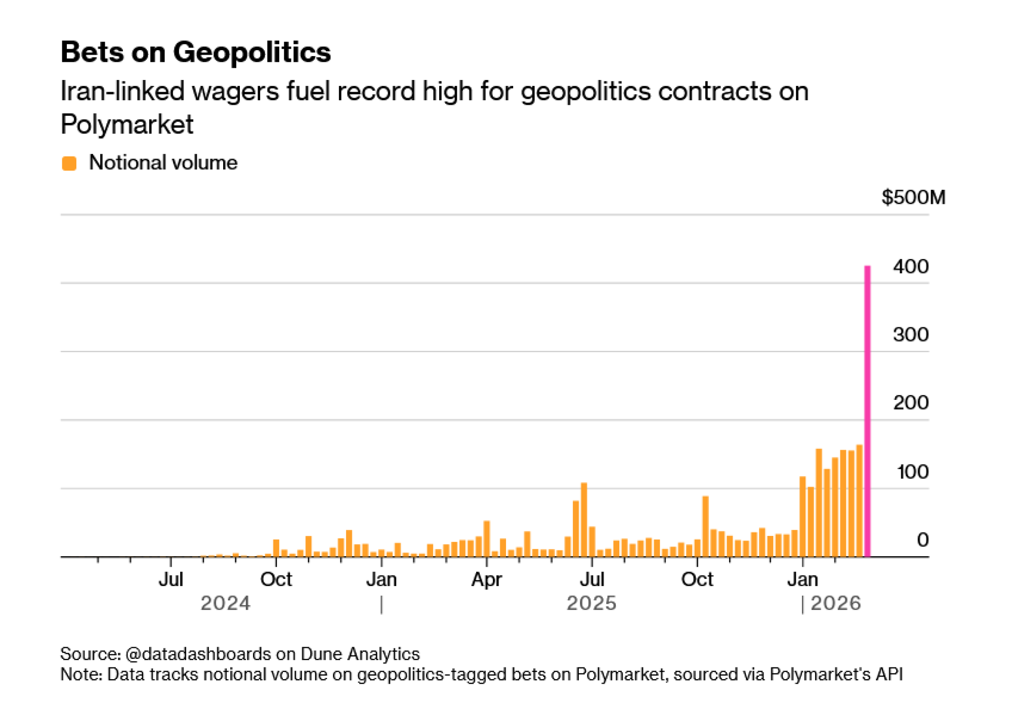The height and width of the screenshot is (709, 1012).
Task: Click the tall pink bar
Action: point(867,410)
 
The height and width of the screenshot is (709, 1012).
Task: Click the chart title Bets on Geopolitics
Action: point(195,52)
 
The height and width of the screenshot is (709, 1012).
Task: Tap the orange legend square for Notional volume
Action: point(69,163)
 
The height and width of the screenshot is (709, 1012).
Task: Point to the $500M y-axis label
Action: point(913,197)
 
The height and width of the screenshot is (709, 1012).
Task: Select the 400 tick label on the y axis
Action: point(910,267)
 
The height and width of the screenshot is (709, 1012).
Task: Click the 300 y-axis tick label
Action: point(910,335)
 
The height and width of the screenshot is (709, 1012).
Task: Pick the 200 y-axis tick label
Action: point(910,403)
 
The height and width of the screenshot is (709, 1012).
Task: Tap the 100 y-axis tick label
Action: point(912,472)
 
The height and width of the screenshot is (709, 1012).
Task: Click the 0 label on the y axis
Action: point(922,540)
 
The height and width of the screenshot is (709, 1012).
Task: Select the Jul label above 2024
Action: point(171,579)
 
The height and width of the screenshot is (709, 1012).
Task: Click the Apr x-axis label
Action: point(486,579)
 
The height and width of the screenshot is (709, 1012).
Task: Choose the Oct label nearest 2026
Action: point(697,579)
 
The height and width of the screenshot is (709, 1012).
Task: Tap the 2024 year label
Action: point(225,603)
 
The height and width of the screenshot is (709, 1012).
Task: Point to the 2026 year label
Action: point(835,603)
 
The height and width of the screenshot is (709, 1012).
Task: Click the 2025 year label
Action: point(591,603)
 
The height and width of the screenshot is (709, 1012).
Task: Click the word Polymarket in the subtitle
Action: point(126,124)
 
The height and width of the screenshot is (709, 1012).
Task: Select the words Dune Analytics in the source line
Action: point(360,654)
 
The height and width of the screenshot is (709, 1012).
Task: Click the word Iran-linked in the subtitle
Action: point(119,92)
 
